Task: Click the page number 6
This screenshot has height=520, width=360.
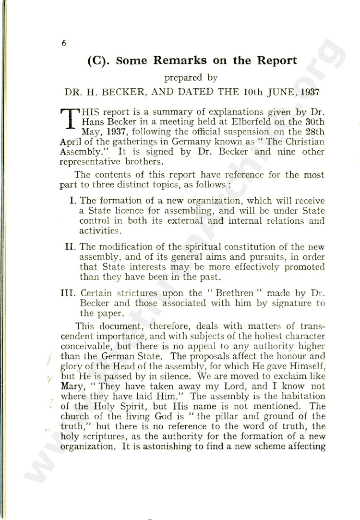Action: click(63, 43)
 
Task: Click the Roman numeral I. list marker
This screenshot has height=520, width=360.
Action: click(73, 200)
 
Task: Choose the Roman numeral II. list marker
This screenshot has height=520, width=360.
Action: click(71, 247)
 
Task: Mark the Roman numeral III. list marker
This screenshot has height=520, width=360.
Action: click(70, 293)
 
